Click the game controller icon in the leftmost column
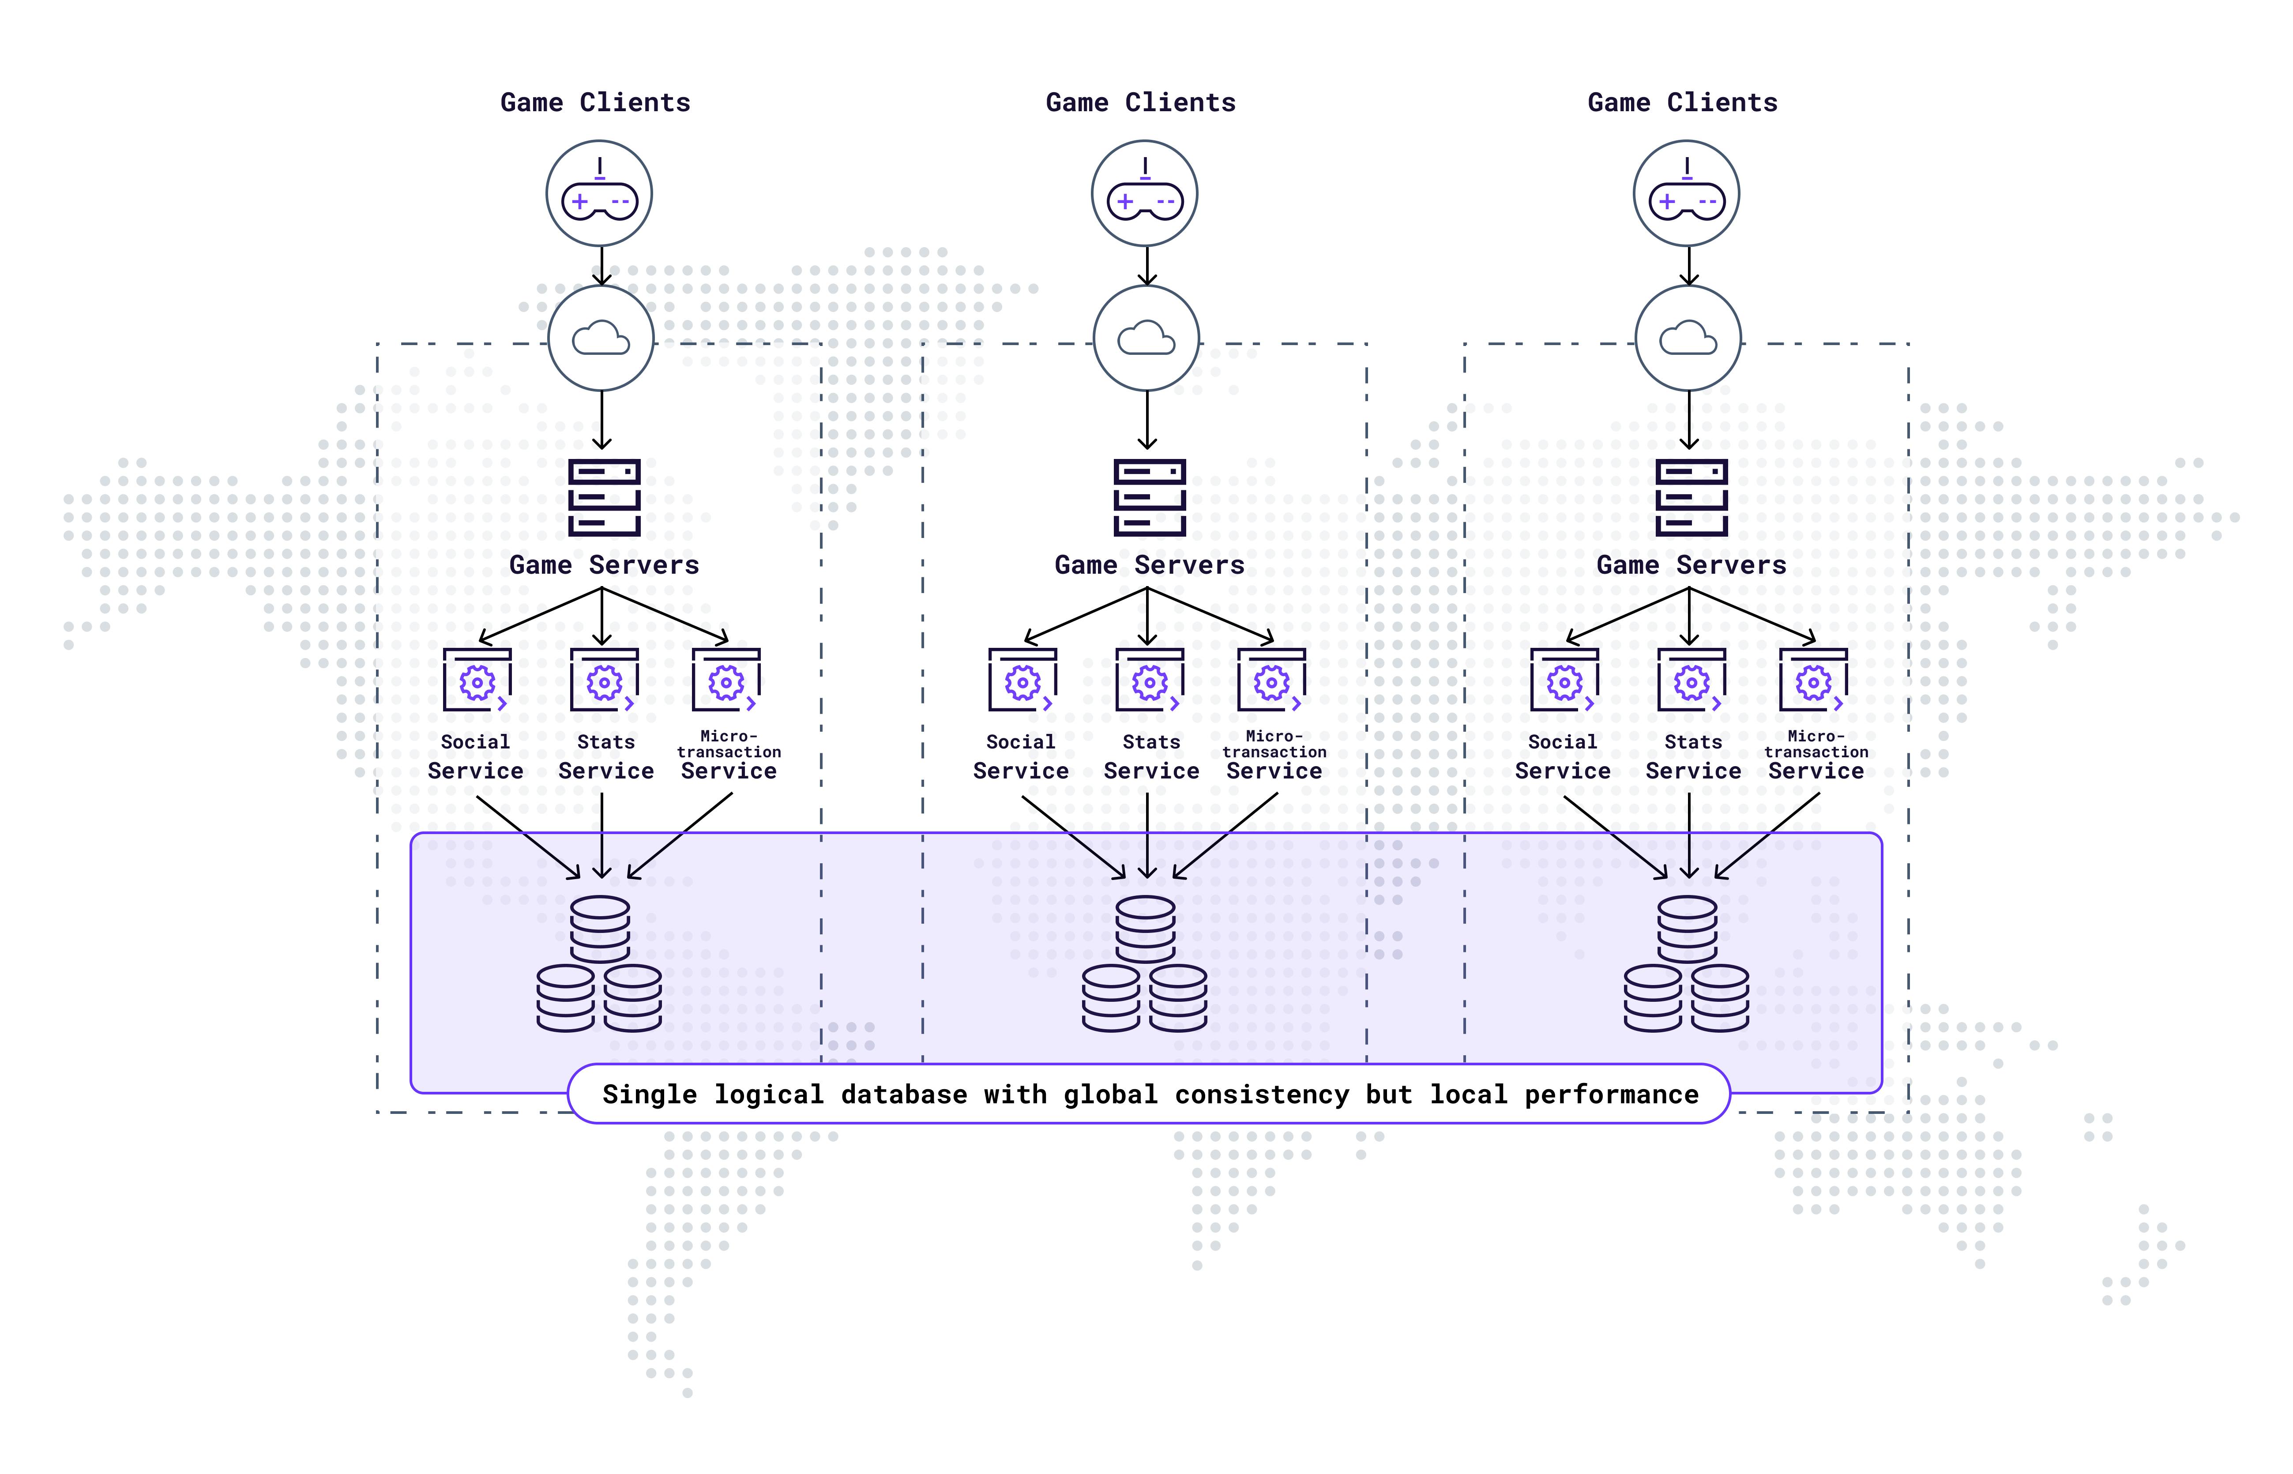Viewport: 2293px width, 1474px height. [x=599, y=194]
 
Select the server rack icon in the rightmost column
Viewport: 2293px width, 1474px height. [x=1691, y=498]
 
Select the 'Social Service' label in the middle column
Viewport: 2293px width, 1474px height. [x=1020, y=757]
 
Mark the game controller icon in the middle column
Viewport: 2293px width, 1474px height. [x=1145, y=194]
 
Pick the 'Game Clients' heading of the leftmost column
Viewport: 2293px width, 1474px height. [x=595, y=102]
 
